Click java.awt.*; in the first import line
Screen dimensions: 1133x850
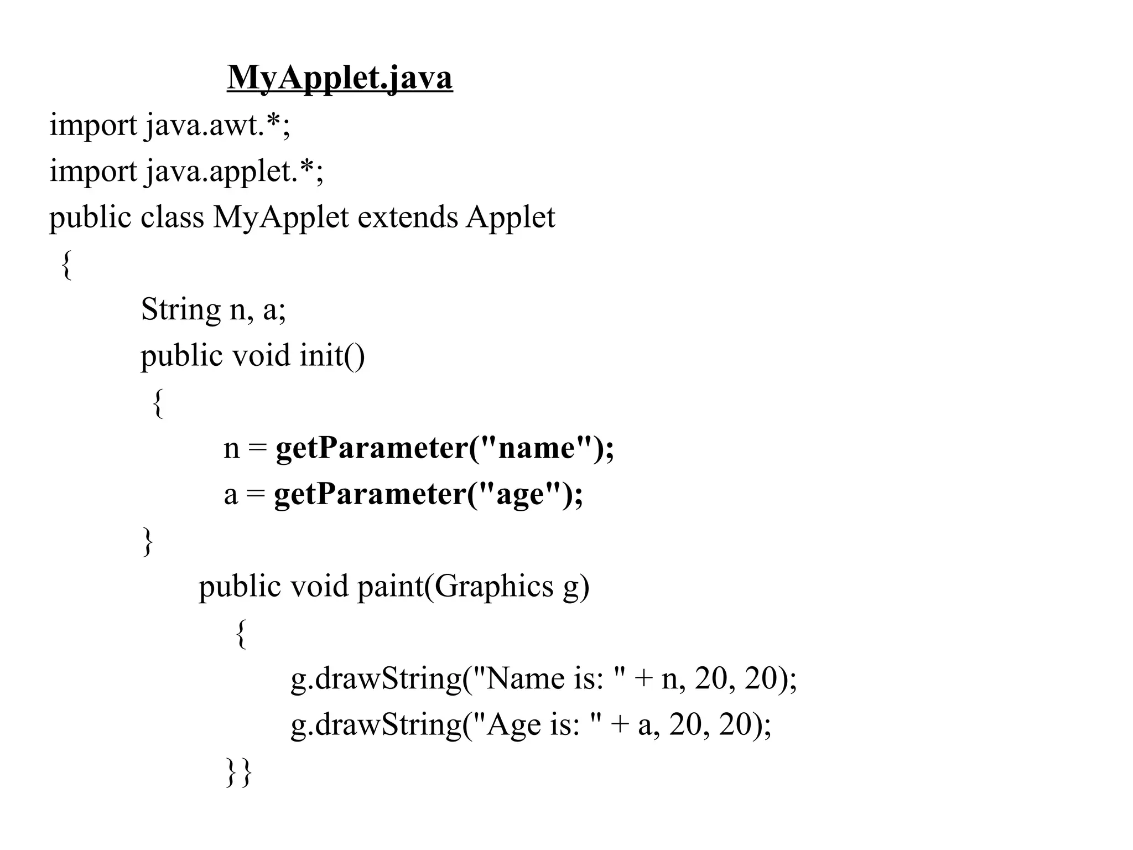tap(218, 125)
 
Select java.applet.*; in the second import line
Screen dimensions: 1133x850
tap(235, 172)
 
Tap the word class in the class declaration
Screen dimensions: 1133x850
tap(172, 217)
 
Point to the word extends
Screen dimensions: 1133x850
tap(408, 217)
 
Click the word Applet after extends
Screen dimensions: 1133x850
tap(510, 217)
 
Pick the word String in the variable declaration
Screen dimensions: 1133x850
tap(180, 310)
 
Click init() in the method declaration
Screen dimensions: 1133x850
tap(332, 355)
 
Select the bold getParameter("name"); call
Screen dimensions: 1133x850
tap(445, 448)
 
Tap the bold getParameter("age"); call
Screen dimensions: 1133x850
tap(428, 494)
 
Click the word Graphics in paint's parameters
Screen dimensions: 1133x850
tap(493, 587)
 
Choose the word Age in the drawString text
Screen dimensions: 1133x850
tap(513, 725)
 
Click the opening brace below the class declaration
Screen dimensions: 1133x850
tap(66, 265)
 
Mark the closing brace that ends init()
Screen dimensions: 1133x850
tap(147, 541)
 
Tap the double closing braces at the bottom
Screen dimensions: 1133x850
tap(239, 772)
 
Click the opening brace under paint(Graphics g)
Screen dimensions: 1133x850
tap(240, 634)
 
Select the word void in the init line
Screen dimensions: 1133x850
tap(261, 355)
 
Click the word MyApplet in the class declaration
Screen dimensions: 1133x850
tap(281, 217)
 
